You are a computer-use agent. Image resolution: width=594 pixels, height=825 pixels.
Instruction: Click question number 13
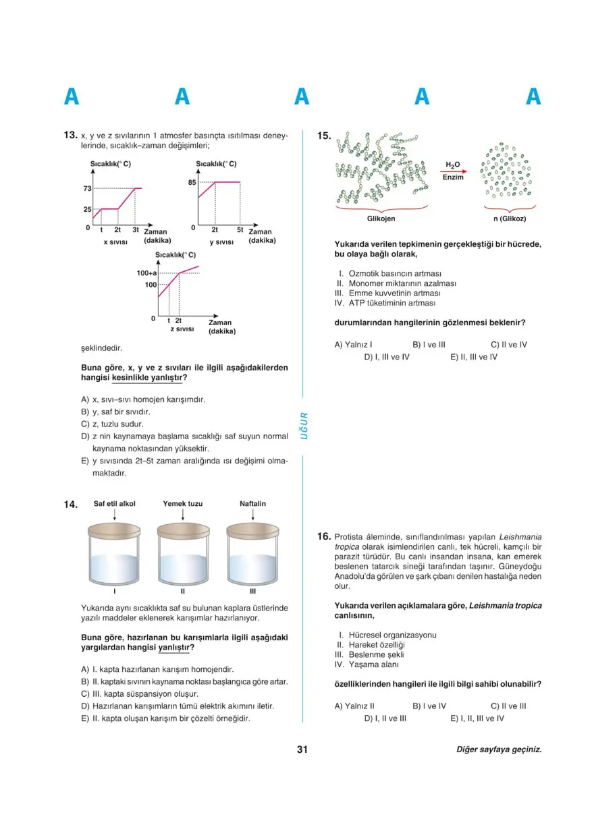pyautogui.click(x=70, y=136)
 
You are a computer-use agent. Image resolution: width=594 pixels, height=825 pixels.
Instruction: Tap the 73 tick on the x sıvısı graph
pyautogui.click(x=87, y=188)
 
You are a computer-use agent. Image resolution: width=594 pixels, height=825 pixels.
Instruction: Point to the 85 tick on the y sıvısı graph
pyautogui.click(x=192, y=182)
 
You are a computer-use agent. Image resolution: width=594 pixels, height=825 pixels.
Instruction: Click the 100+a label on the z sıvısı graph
pyautogui.click(x=146, y=273)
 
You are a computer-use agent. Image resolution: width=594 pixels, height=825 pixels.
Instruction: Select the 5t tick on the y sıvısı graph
pyautogui.click(x=240, y=229)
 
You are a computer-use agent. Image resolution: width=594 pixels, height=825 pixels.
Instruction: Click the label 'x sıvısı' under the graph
pyautogui.click(x=115, y=241)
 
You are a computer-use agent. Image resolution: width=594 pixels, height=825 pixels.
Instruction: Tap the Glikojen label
pyautogui.click(x=381, y=219)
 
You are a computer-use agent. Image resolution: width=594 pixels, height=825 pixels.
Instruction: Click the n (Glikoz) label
pyautogui.click(x=509, y=219)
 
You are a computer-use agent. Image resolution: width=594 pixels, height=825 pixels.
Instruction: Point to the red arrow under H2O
pyautogui.click(x=453, y=171)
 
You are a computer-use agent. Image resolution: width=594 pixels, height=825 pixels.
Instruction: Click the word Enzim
pyautogui.click(x=453, y=177)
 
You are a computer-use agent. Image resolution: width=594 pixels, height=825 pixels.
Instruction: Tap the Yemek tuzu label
pyautogui.click(x=183, y=504)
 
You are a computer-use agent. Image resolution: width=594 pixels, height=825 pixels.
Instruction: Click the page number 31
pyautogui.click(x=302, y=749)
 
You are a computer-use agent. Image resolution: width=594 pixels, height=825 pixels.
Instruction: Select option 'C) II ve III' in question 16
pyautogui.click(x=508, y=706)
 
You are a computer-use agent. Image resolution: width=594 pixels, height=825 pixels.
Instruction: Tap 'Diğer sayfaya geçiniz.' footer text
pyautogui.click(x=499, y=749)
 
